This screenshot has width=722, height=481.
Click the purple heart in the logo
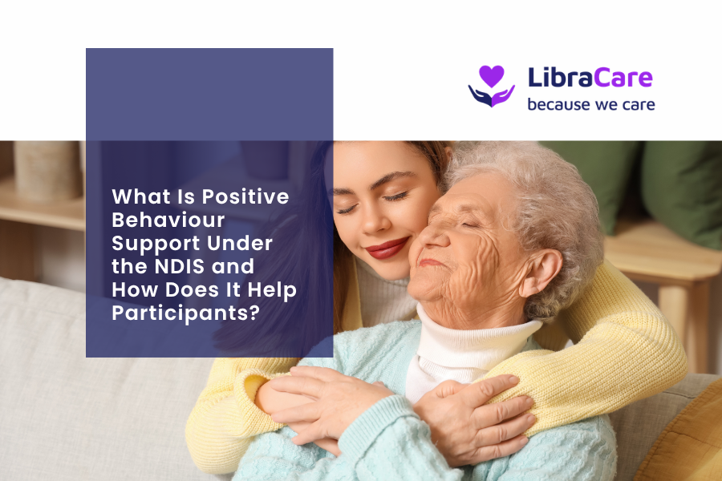[x=491, y=75]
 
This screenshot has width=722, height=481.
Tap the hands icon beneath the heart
[x=491, y=95]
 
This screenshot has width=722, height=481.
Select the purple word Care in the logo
[x=623, y=77]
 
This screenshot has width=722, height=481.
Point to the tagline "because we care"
[x=591, y=104]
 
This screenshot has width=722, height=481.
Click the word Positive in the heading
[x=245, y=196]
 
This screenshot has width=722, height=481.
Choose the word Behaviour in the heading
[x=168, y=220]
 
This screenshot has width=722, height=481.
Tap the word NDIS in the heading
[x=180, y=266]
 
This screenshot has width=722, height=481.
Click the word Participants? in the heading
[x=186, y=313]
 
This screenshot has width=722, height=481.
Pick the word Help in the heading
[x=272, y=290]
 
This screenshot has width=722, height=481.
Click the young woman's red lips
[x=387, y=248]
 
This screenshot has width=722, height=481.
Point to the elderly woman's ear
[x=541, y=271]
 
